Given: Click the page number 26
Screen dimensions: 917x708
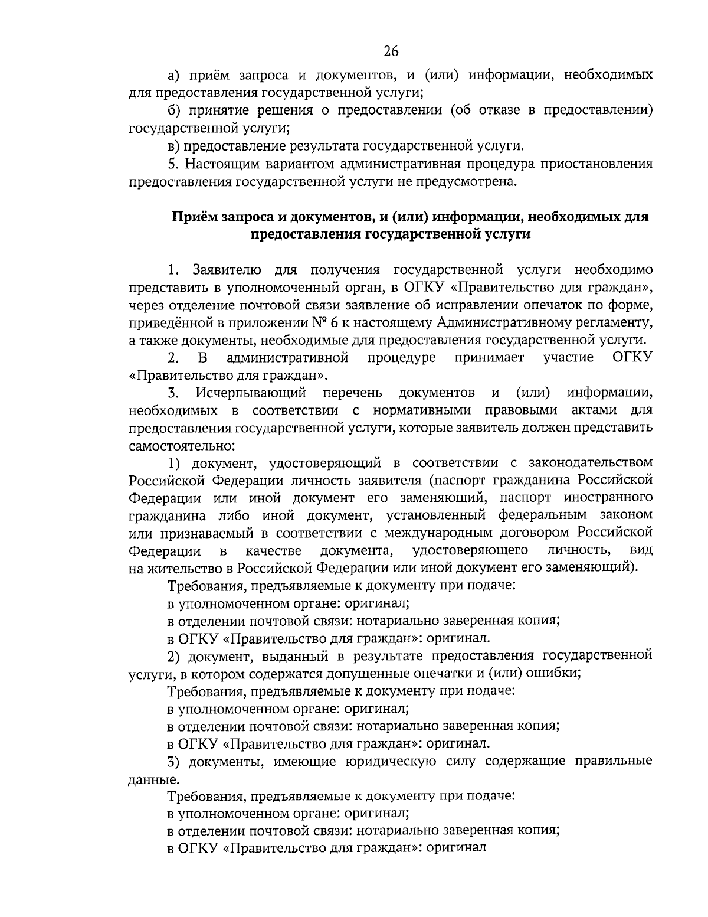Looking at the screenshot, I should [x=391, y=51].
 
